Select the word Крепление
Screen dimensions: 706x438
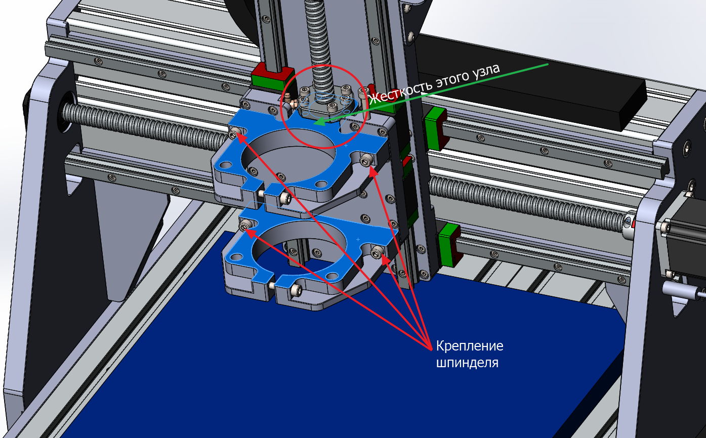pos(470,346)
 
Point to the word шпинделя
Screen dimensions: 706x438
pos(467,363)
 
